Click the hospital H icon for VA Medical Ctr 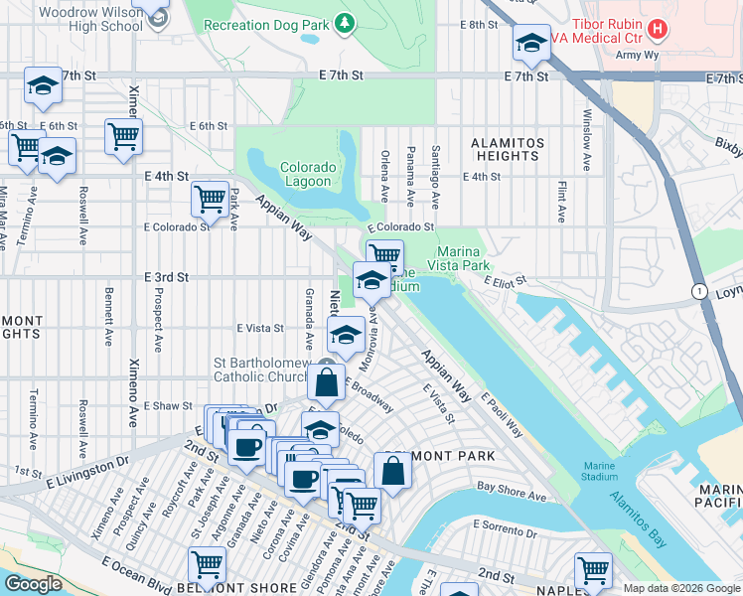656,30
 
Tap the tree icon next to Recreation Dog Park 344,22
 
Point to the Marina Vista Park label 459,258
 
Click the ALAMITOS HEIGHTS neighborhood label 507,149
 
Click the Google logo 33,584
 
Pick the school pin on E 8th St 531,43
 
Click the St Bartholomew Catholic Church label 268,370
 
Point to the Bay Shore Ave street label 512,488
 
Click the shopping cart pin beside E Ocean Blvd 208,565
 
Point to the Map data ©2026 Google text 681,588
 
